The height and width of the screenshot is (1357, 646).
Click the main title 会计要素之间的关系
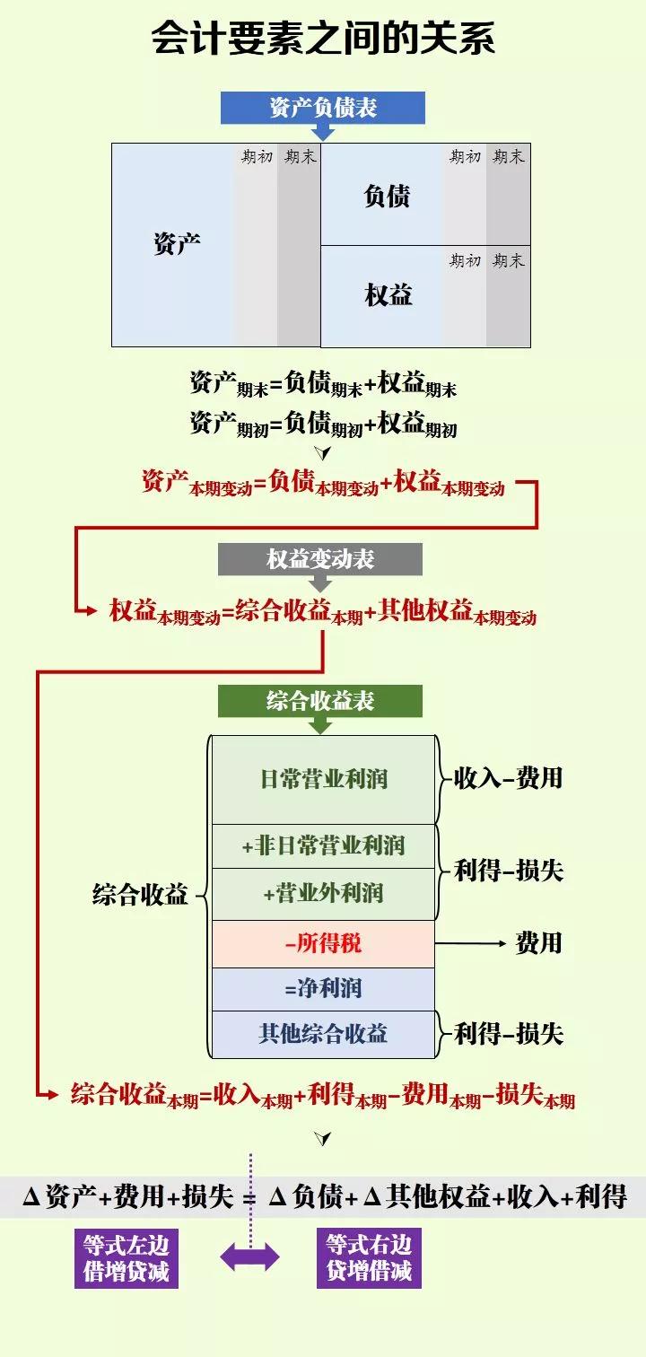click(x=323, y=39)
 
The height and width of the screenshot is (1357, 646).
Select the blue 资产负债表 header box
click(x=323, y=109)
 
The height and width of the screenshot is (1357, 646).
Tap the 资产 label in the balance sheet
click(x=177, y=243)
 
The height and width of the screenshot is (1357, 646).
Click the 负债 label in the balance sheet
click(x=388, y=196)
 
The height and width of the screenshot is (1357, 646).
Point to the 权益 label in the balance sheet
click(x=388, y=294)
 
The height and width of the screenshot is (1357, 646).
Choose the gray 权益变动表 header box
click(x=320, y=560)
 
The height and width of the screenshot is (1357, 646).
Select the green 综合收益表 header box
click(x=320, y=701)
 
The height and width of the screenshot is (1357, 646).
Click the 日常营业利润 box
click(x=323, y=779)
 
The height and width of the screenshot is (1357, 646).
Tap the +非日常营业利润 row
click(x=323, y=845)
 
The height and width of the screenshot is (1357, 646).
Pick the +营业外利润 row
click(x=323, y=894)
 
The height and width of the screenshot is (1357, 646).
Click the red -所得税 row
click(x=323, y=943)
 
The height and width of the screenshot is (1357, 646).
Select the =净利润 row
click(x=323, y=989)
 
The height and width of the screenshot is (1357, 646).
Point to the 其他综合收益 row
click(x=323, y=1034)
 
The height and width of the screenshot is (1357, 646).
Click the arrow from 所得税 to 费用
click(x=471, y=943)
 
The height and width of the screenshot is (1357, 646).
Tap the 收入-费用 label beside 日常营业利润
click(x=508, y=778)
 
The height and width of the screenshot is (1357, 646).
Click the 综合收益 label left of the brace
click(x=140, y=895)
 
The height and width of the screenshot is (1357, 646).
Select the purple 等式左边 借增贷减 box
click(x=127, y=1258)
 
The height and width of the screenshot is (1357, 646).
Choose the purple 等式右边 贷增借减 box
click(x=369, y=1258)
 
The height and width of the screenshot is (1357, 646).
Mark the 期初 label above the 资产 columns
click(x=257, y=157)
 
